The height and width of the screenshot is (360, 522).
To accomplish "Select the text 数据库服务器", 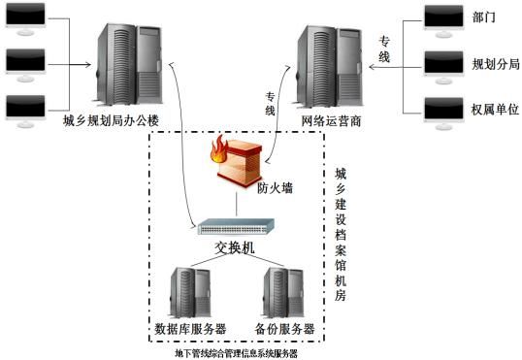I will pyautogui.click(x=190, y=329).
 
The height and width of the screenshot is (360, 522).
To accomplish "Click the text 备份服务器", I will pyautogui.click(x=284, y=329).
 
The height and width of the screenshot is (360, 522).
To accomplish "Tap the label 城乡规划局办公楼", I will pyautogui.click(x=123, y=120).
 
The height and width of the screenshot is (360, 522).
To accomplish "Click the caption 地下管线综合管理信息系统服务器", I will pyautogui.click(x=236, y=353).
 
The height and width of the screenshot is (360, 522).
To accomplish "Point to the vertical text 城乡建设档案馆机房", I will pyautogui.click(x=340, y=233).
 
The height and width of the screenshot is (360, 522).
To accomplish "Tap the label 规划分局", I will pyautogui.click(x=496, y=64).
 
